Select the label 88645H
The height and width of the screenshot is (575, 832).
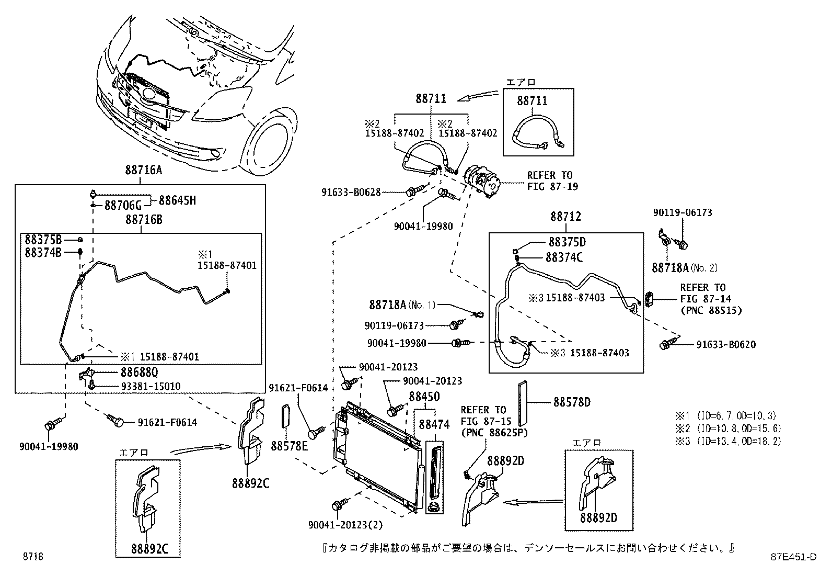177,201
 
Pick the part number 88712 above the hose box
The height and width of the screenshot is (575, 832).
565,216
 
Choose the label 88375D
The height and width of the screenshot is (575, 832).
567,242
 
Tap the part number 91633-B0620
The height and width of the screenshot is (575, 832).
726,344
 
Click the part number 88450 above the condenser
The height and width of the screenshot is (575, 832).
424,397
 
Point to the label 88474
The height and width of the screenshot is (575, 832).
434,425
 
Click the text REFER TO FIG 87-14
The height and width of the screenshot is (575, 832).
706,294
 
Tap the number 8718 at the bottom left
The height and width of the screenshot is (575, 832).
32,556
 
